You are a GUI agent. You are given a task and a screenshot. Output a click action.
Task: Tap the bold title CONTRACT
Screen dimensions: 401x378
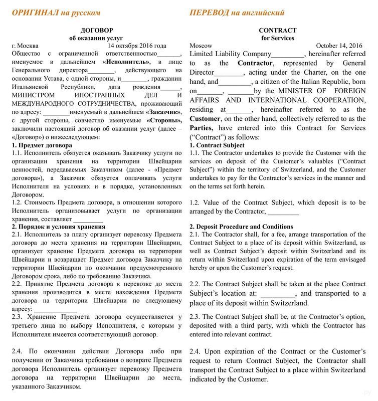pyautogui.click(x=277, y=30)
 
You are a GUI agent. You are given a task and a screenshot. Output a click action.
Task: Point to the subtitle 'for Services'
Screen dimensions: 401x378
pyautogui.click(x=277, y=38)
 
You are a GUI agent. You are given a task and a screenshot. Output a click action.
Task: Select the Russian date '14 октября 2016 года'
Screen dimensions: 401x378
pyautogui.click(x=137, y=46)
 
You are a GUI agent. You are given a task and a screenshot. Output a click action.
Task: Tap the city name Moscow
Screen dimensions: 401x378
pyautogui.click(x=201, y=46)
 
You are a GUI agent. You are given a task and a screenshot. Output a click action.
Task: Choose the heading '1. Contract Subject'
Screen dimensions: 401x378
pyautogui.click(x=217, y=145)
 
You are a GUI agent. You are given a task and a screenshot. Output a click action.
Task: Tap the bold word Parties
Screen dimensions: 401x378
pyautogui.click(x=201, y=128)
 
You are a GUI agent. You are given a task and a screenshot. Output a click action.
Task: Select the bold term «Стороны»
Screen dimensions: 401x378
pyautogui.click(x=164, y=121)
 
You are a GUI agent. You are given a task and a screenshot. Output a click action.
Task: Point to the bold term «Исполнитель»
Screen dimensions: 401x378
pyautogui.click(x=126, y=62)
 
